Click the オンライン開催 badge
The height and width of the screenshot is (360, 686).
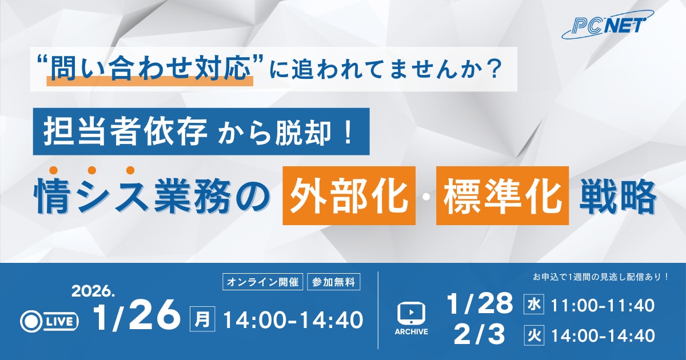262,282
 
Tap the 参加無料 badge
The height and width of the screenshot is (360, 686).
334,282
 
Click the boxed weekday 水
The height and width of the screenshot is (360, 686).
533,305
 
